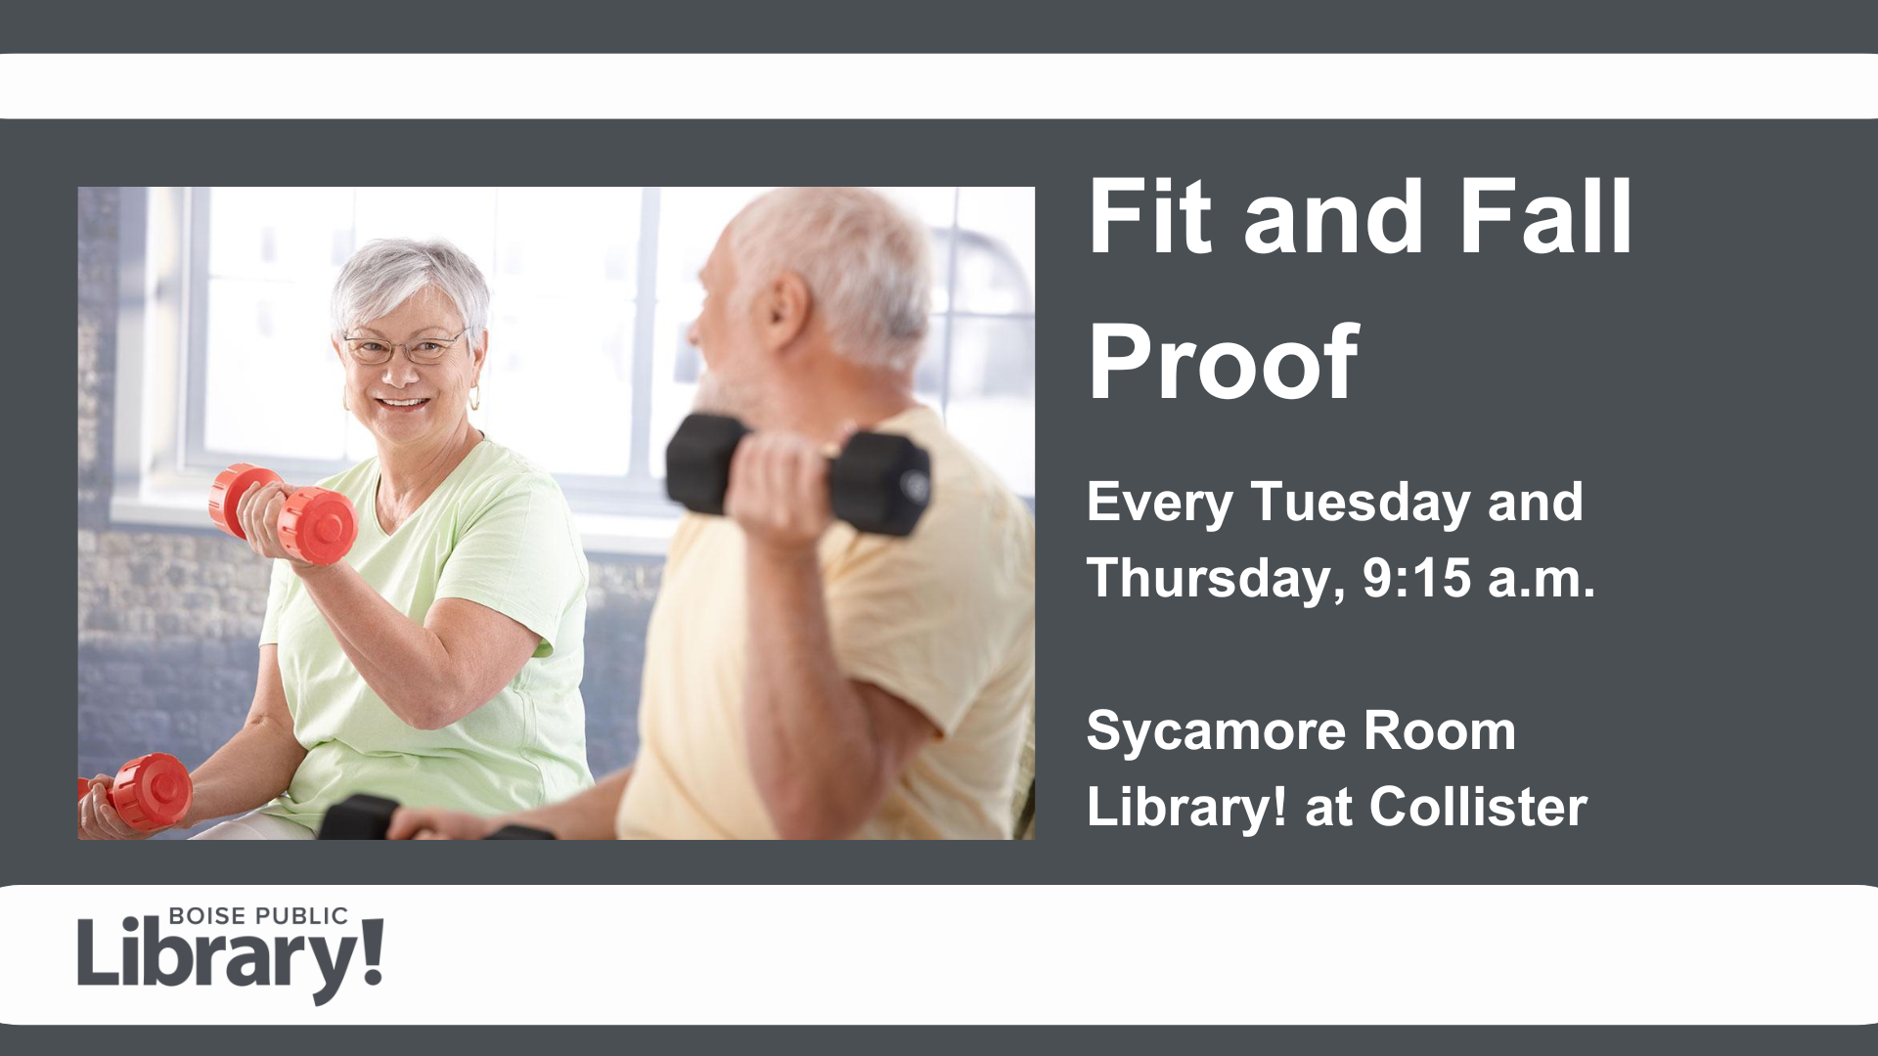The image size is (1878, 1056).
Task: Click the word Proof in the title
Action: pos(1223,362)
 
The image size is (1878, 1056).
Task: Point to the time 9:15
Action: pos(1416,577)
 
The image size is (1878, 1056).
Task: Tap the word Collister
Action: pos(1478,807)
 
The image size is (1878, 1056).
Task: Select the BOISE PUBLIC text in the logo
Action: pos(258,916)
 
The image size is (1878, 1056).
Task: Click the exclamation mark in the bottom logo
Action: pos(372,951)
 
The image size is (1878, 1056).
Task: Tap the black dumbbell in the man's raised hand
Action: pos(797,474)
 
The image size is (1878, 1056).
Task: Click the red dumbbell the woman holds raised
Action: pos(282,512)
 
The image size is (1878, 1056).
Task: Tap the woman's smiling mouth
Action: pos(403,402)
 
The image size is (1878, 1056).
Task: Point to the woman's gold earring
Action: pos(474,398)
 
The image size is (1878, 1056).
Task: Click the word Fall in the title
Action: pos(1545,216)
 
